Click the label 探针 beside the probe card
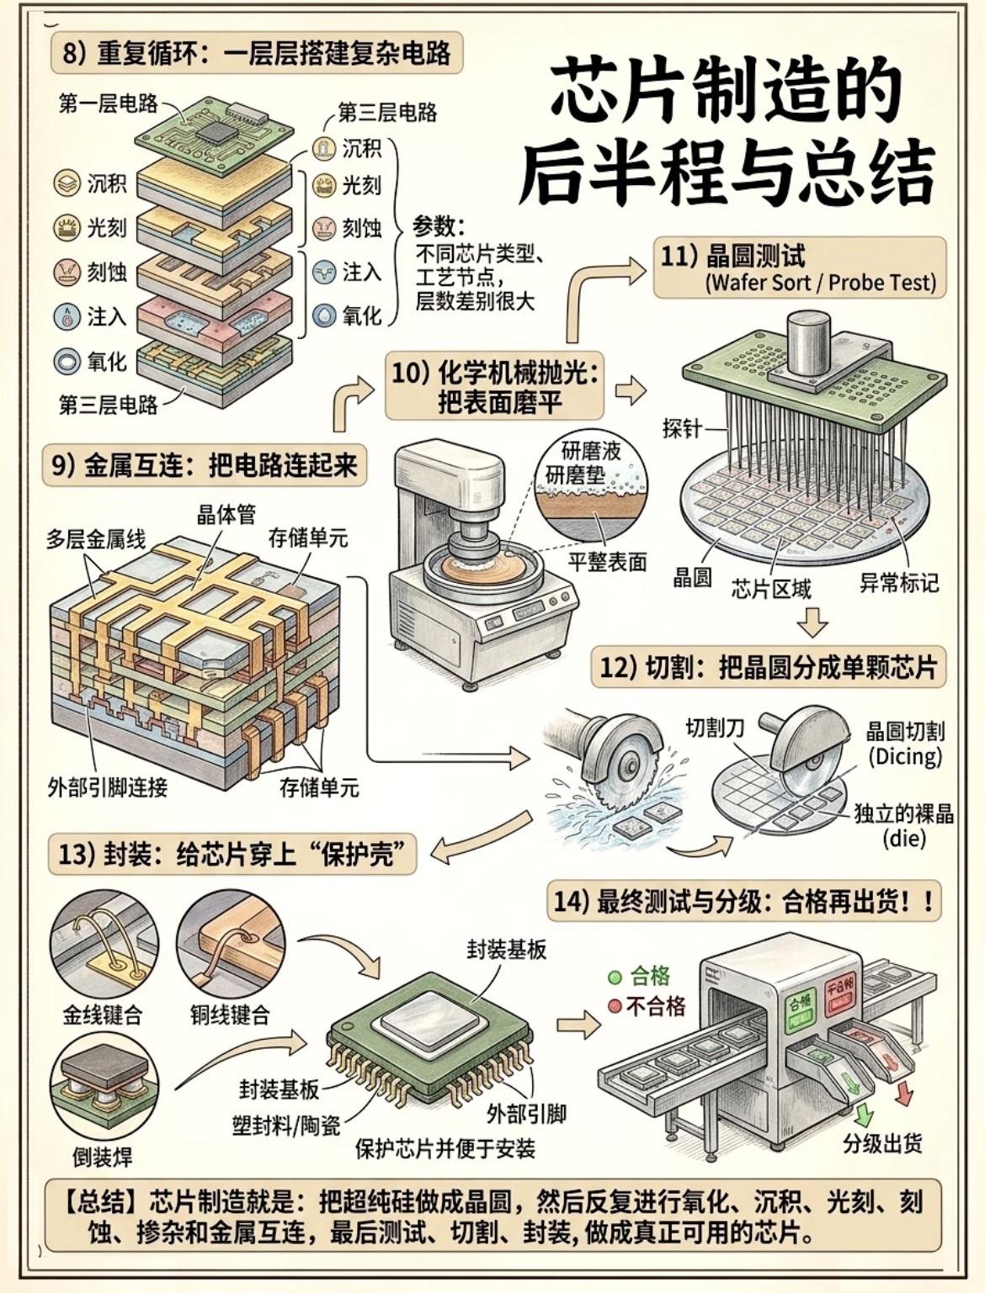(x=682, y=428)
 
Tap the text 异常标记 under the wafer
(x=899, y=582)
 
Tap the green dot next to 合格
(x=615, y=978)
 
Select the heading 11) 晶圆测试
(x=732, y=257)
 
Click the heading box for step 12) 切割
(x=769, y=667)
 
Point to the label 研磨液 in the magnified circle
(x=591, y=451)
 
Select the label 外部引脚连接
(x=107, y=787)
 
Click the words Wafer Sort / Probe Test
(x=821, y=283)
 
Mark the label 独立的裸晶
(x=903, y=813)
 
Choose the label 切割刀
(x=715, y=729)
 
